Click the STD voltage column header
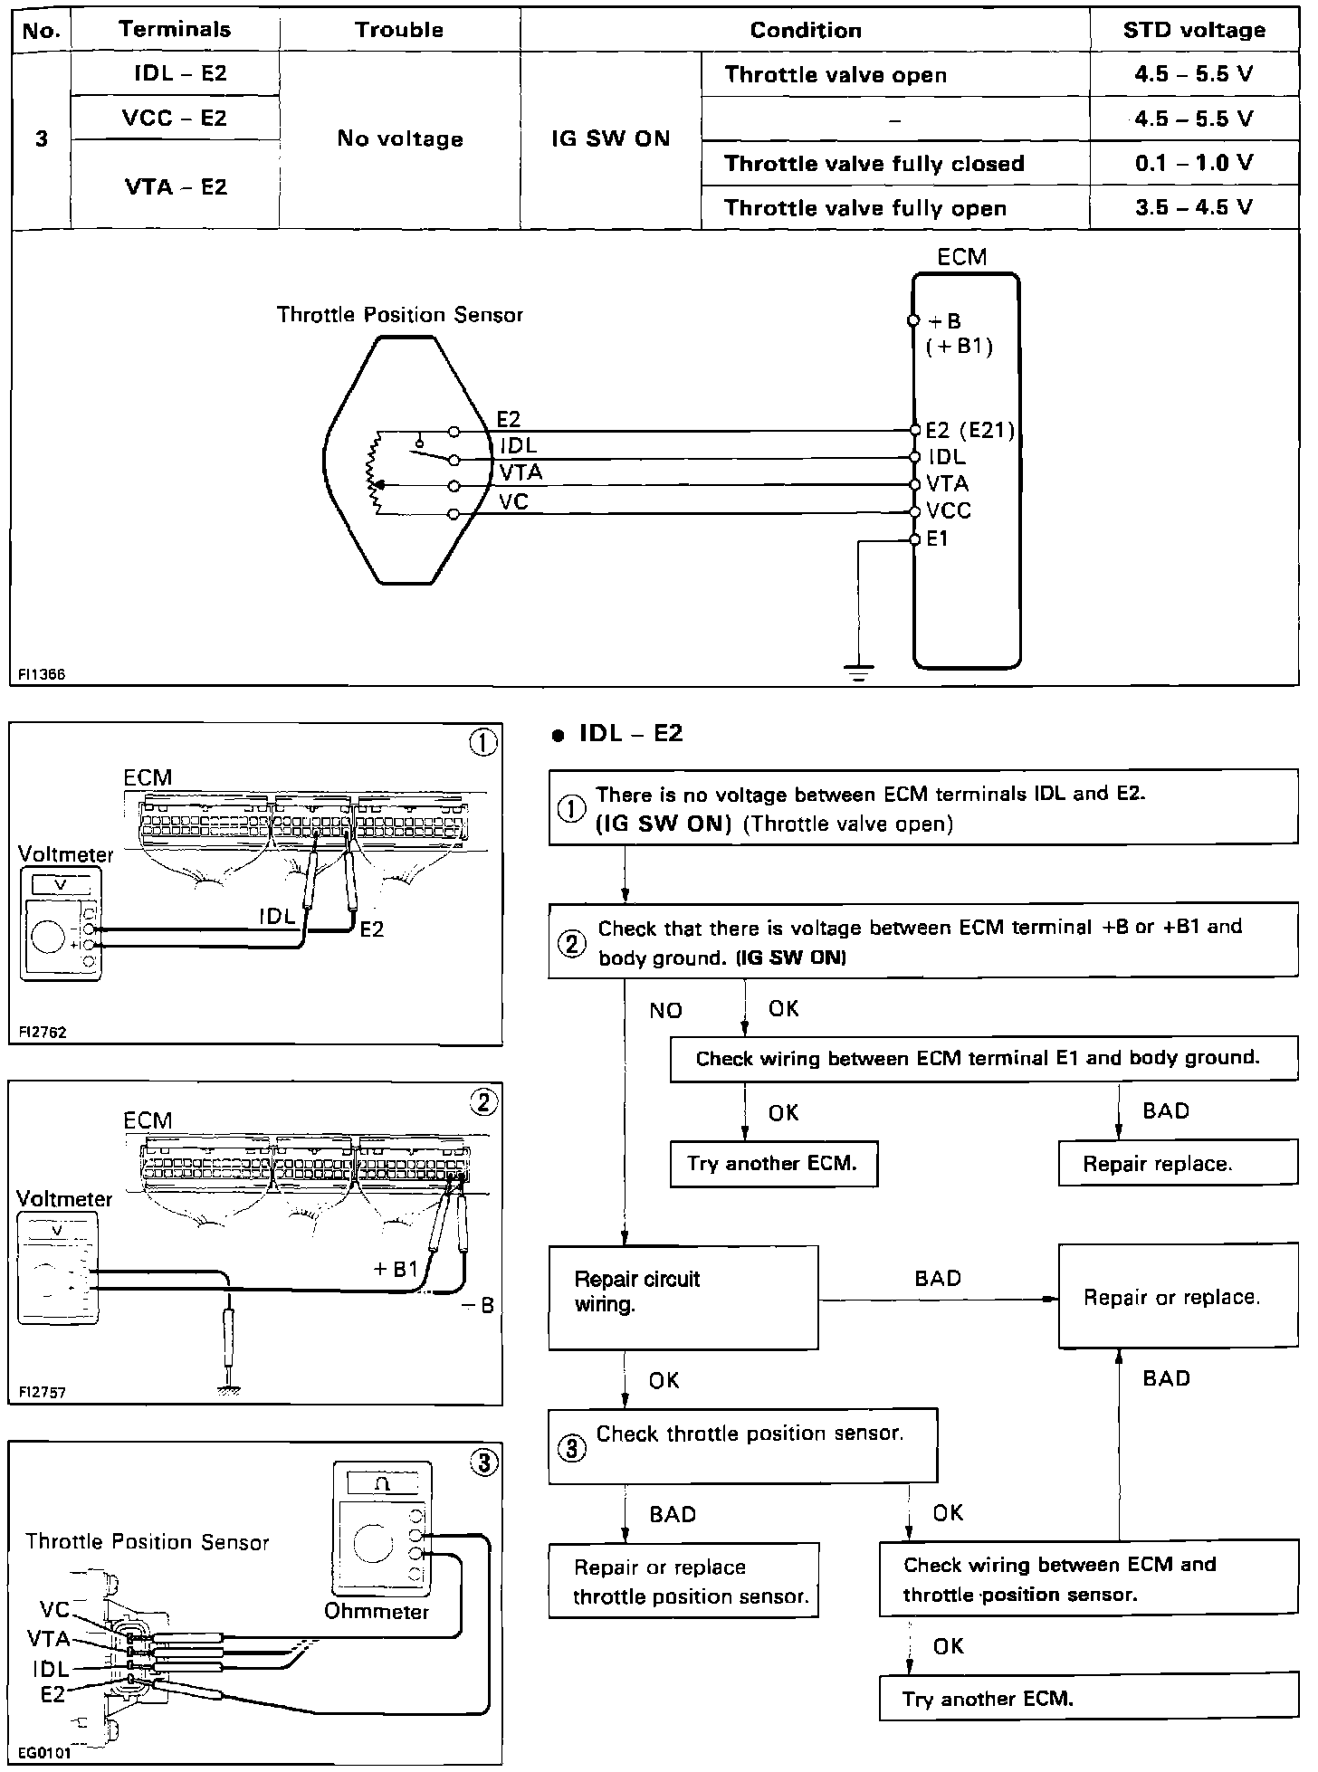tap(1194, 30)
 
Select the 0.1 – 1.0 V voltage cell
tap(1194, 164)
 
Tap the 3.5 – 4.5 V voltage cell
tap(1194, 208)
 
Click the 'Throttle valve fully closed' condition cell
tap(874, 164)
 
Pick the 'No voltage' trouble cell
tap(399, 138)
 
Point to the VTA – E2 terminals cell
tap(176, 186)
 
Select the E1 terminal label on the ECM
tap(938, 539)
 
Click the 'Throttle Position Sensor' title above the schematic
tap(399, 315)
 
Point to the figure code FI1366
tap(41, 674)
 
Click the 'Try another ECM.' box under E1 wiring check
tap(773, 1164)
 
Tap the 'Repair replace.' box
tap(1177, 1164)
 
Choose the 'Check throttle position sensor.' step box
tap(742, 1444)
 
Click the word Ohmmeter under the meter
tap(377, 1612)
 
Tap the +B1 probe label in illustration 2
tap(396, 1270)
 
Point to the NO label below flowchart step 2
tap(665, 1011)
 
